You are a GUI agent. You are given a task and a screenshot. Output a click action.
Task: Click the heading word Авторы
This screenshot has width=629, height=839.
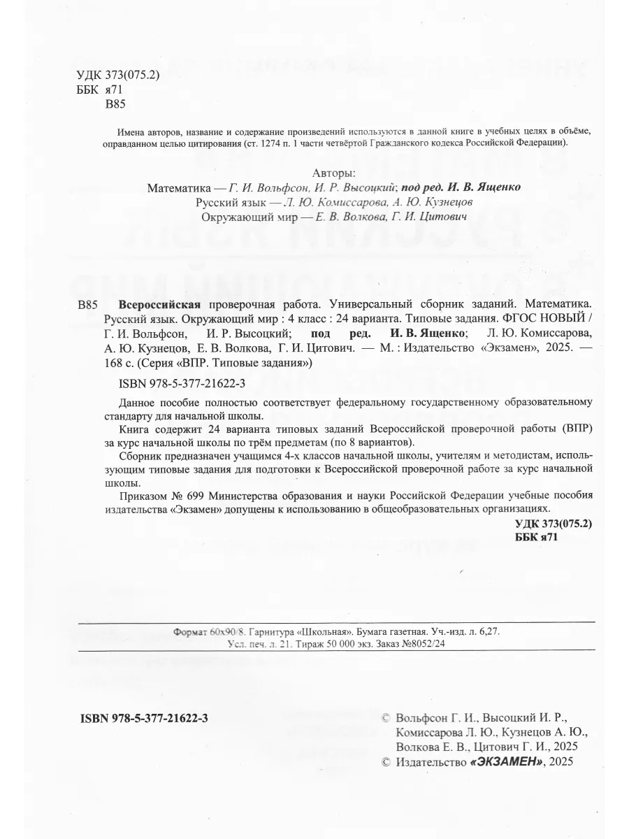click(x=331, y=173)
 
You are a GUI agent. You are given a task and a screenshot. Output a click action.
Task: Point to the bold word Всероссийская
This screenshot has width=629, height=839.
click(x=160, y=305)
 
